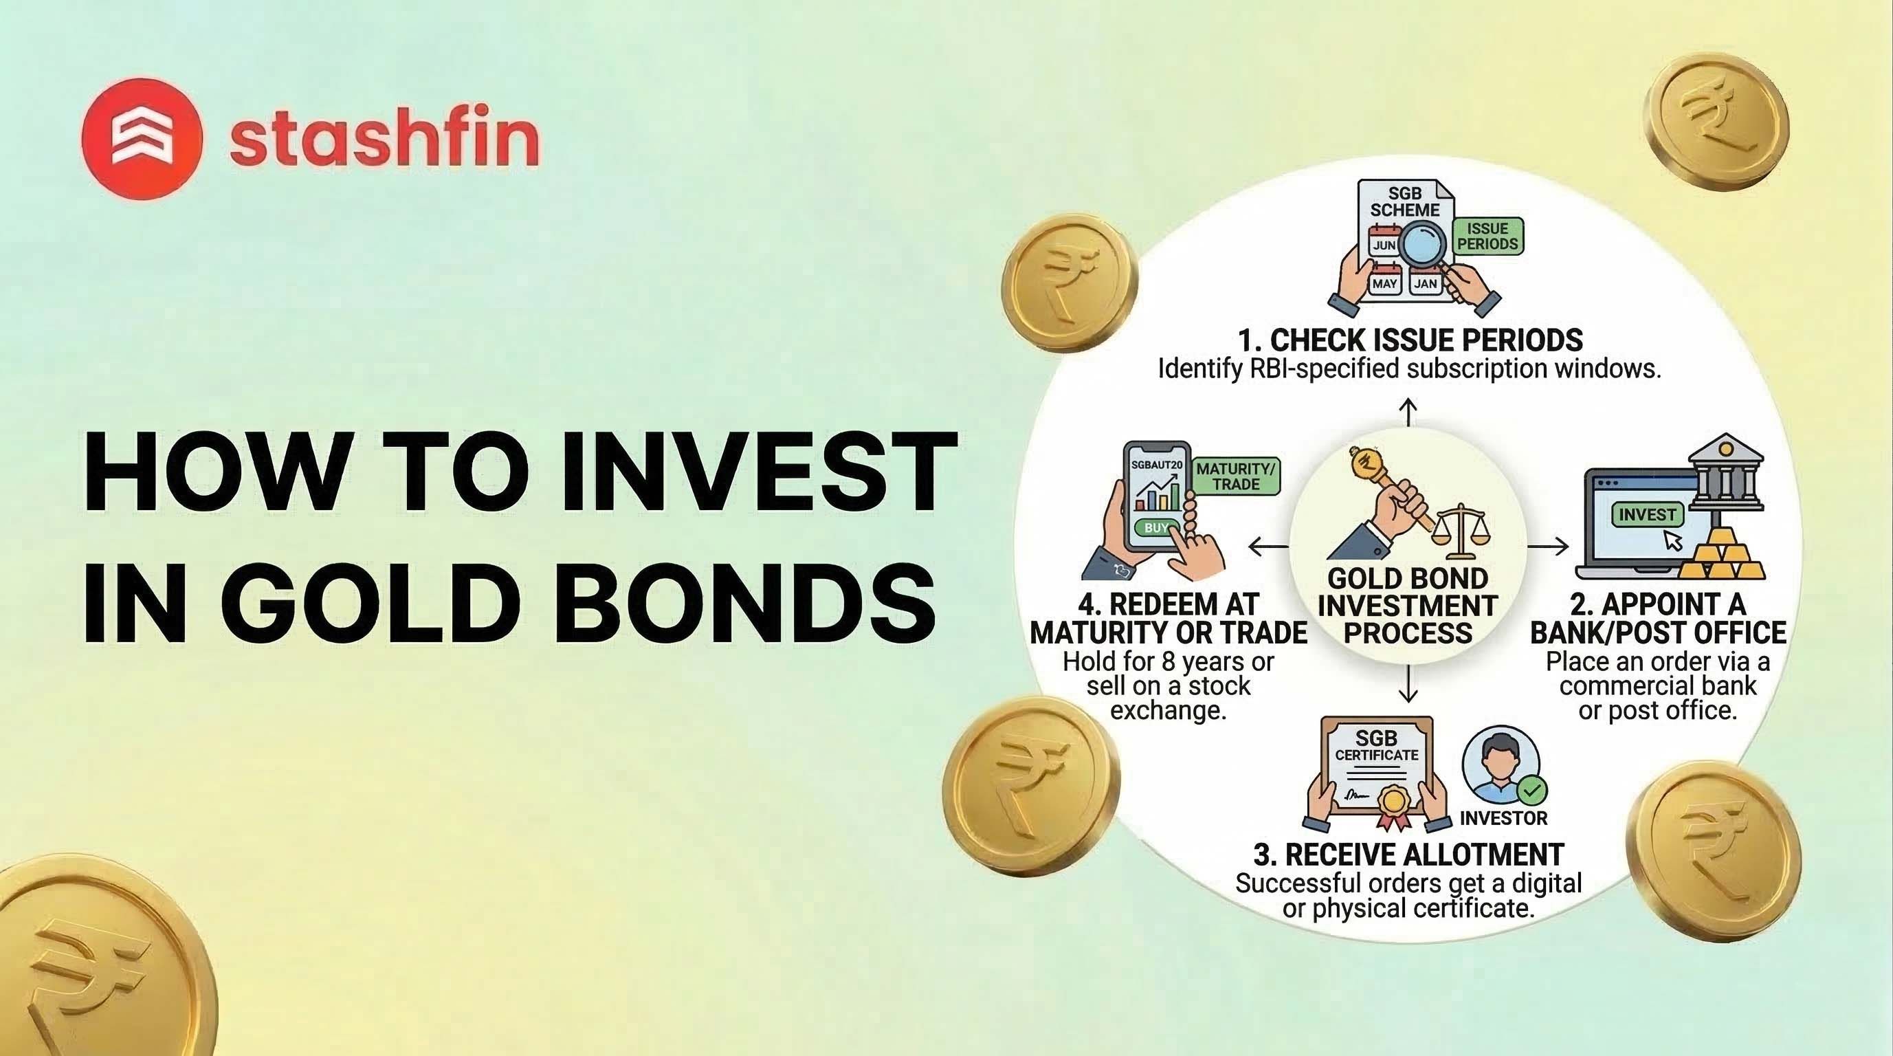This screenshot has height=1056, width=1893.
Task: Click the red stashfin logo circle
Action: pyautogui.click(x=141, y=139)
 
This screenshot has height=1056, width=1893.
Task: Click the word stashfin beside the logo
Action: pyautogui.click(x=384, y=140)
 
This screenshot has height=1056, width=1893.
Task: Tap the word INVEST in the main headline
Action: pyautogui.click(x=757, y=472)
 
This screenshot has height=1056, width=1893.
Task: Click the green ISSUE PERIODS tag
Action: pyautogui.click(x=1487, y=236)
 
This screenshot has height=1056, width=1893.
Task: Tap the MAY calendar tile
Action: pyautogui.click(x=1384, y=283)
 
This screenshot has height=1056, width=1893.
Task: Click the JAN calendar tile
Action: pyautogui.click(x=1426, y=283)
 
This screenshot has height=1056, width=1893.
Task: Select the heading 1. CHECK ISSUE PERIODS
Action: pyautogui.click(x=1410, y=340)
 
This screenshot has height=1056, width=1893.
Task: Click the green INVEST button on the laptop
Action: pyautogui.click(x=1647, y=514)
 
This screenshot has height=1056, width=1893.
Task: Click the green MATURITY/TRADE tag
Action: pyautogui.click(x=1236, y=476)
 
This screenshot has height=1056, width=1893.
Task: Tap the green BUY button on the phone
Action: pyautogui.click(x=1156, y=527)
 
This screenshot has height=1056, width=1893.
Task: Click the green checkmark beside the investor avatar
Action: pyautogui.click(x=1532, y=791)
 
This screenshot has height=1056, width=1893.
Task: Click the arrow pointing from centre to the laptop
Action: pyautogui.click(x=1548, y=546)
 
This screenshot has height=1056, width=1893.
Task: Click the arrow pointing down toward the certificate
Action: pyautogui.click(x=1408, y=683)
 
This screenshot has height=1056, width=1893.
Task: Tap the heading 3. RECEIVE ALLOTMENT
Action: pyautogui.click(x=1408, y=855)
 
